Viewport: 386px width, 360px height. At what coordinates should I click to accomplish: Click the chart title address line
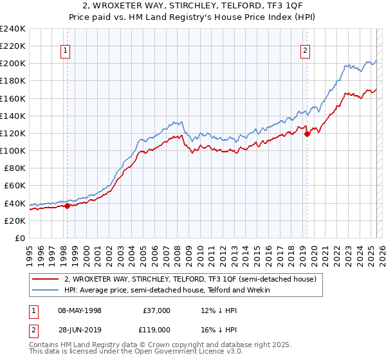(x=193, y=6)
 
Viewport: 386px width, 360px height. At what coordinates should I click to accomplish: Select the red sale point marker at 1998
(x=67, y=206)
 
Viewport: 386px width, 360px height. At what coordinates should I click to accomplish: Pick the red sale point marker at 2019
(x=307, y=134)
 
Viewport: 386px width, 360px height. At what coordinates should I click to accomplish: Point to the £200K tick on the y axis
(x=13, y=64)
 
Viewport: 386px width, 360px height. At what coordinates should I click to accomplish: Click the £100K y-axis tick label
(x=13, y=150)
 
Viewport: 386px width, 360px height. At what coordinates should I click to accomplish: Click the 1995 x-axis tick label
(x=30, y=253)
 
